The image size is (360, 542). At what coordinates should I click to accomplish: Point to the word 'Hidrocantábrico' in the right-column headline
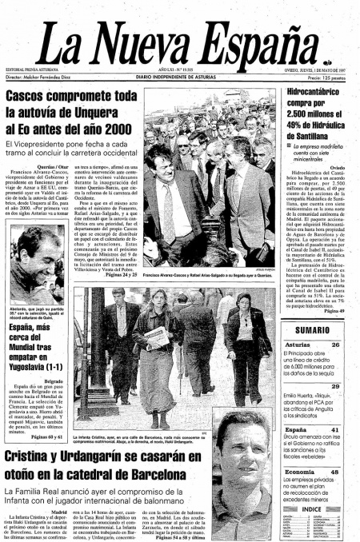[316, 94]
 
